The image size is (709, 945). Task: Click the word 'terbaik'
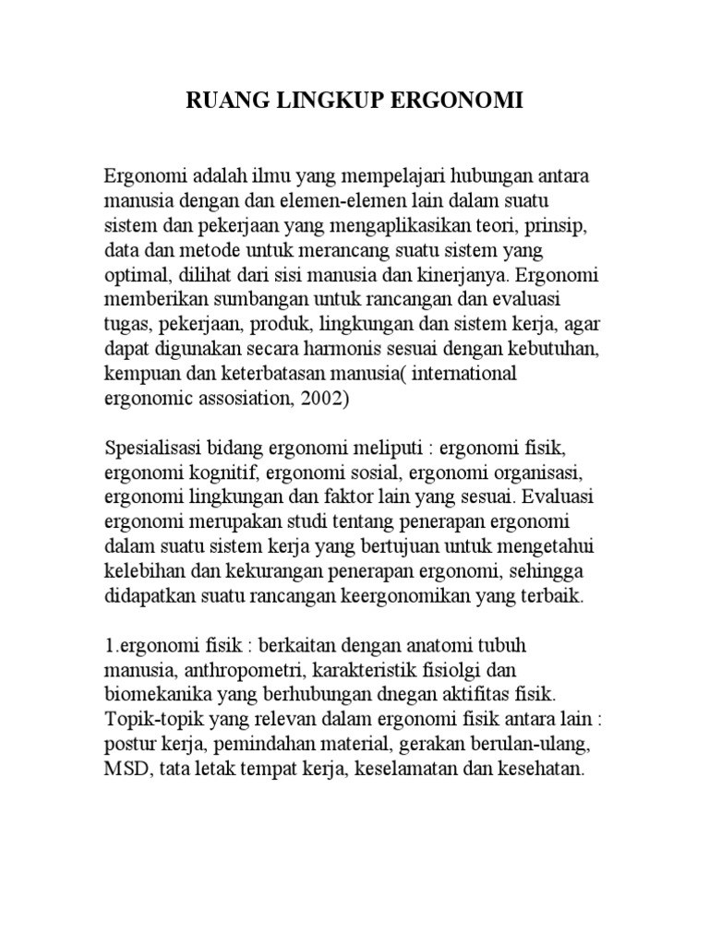pos(550,596)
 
